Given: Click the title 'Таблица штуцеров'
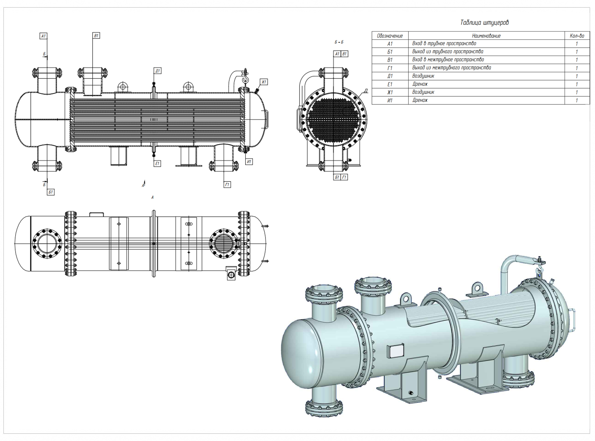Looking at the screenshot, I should point(484,23).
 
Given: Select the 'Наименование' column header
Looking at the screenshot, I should point(486,36).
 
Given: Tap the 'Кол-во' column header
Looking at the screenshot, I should point(577,36).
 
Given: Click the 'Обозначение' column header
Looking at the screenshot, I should point(390,36).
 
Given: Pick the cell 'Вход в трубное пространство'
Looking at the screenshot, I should point(444,44).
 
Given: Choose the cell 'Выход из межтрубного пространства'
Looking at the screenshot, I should point(451,68).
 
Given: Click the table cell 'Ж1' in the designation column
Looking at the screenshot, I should point(390,92).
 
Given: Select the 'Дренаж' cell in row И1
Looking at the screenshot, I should point(420,100).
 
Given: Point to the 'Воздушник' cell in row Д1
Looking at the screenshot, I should point(423,76).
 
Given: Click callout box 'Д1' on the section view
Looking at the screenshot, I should point(157,71).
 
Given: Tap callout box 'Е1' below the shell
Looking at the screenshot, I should point(157,164).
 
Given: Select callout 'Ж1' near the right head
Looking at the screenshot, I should point(264,82).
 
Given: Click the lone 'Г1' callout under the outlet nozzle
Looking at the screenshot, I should point(227,185).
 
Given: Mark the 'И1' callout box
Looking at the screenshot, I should point(249,162).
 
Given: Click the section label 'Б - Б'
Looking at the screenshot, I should point(339,42).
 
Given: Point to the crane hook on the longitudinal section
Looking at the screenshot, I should point(245,78).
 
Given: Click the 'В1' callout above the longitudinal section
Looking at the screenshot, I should point(96,36).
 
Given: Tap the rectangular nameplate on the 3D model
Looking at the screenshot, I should point(395,351).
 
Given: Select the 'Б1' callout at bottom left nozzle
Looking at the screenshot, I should point(51,192).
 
